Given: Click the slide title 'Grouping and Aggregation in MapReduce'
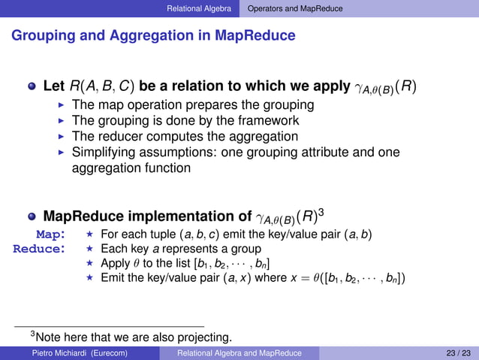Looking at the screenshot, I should click(153, 35).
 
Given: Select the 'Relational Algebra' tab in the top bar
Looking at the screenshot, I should click(200, 8).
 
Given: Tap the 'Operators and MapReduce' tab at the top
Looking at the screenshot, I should click(294, 8).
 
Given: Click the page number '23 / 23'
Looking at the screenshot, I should click(458, 352).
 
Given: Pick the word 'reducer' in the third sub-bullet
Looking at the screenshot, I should click(121, 137).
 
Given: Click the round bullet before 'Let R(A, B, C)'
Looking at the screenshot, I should click(32, 87).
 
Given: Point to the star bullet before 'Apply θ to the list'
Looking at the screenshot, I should click(89, 264).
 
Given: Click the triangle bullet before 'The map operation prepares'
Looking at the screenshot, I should click(62, 105).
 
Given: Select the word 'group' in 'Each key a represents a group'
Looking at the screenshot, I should click(245, 249).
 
